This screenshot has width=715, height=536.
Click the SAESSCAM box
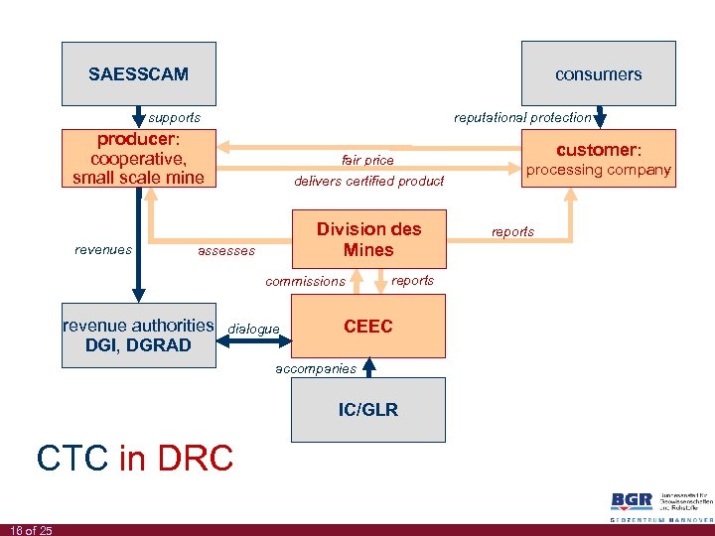tap(138, 73)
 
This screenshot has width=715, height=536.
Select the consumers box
tap(598, 73)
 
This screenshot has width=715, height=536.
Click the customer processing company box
tap(598, 159)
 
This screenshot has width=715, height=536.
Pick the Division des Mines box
tap(368, 239)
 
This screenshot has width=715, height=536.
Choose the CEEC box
tap(368, 327)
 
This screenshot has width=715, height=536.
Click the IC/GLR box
tap(368, 410)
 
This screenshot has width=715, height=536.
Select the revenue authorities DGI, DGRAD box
tap(138, 335)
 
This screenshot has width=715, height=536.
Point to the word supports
tap(174, 117)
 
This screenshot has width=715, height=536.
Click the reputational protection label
tap(522, 117)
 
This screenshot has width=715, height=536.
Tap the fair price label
tap(367, 160)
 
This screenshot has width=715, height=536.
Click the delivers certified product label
tap(368, 181)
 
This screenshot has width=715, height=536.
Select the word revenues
tap(103, 250)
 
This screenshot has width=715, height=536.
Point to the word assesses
tap(226, 251)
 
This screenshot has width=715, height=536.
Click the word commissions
tap(305, 281)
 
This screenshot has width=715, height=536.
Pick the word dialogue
tap(253, 329)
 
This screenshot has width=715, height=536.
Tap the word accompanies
tap(314, 368)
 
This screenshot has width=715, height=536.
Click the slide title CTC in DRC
tap(134, 458)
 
